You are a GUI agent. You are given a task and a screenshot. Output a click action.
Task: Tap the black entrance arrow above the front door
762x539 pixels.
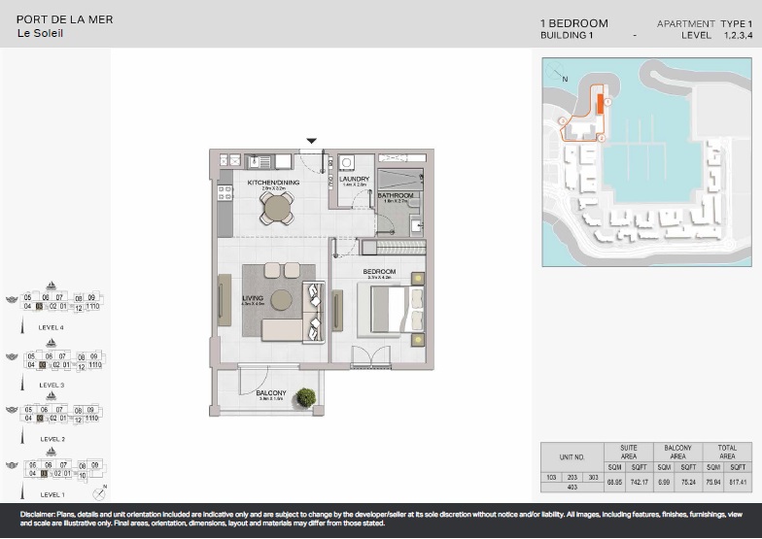pos(311,141)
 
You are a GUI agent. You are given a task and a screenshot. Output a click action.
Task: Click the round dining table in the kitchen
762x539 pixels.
pos(277,206)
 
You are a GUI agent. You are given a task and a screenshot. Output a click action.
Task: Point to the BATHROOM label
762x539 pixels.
pos(396,195)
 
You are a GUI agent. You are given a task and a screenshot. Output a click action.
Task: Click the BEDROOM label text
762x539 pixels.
pos(378,271)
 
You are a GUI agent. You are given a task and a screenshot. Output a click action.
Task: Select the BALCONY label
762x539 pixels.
pos(270,393)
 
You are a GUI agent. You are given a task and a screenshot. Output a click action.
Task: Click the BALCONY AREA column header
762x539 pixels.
pos(677,452)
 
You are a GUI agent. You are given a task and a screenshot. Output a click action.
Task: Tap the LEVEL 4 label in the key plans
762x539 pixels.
pos(52,328)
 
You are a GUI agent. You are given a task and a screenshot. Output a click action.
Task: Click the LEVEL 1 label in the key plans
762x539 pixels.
pos(52,495)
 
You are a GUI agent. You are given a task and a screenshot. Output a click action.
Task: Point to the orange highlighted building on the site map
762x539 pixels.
pos(600,104)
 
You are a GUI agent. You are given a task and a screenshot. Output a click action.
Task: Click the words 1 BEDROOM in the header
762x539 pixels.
pos(573,23)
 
